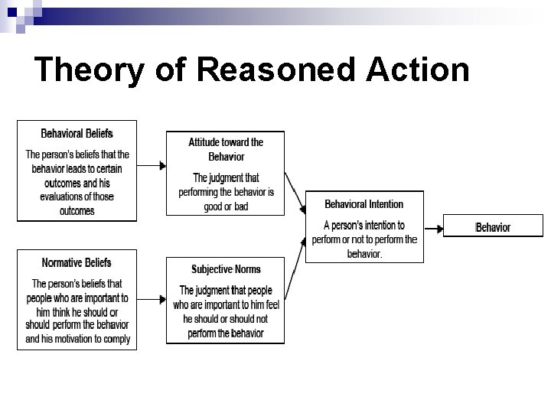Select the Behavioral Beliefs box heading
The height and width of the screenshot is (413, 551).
click(x=77, y=134)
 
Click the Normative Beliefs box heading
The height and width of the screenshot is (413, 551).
click(x=77, y=262)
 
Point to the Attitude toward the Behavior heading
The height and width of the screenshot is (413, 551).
click(x=226, y=149)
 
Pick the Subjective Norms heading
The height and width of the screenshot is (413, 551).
click(x=226, y=269)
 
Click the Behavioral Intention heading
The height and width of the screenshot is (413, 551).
click(x=364, y=204)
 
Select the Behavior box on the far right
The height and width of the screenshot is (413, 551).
click(x=493, y=227)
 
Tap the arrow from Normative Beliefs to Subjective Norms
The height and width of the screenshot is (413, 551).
click(x=152, y=298)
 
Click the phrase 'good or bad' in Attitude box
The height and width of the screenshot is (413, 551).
click(x=226, y=206)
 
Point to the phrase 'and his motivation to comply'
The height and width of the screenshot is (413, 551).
click(x=77, y=339)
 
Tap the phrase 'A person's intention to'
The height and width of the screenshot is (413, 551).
click(x=364, y=226)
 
